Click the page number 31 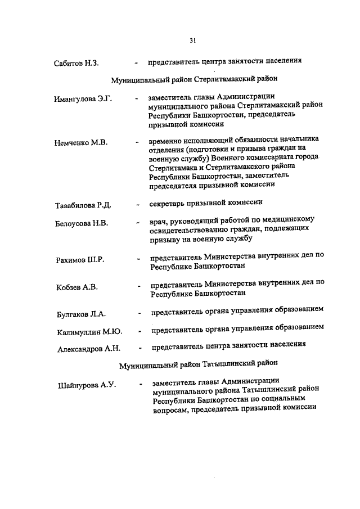pyautogui.click(x=192, y=40)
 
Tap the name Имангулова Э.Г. pyautogui.click(x=83, y=99)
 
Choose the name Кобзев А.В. pyautogui.click(x=76, y=288)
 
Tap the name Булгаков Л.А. pyautogui.click(x=81, y=314)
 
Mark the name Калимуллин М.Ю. pyautogui.click(x=89, y=331)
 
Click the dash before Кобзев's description pyautogui.click(x=138, y=287)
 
